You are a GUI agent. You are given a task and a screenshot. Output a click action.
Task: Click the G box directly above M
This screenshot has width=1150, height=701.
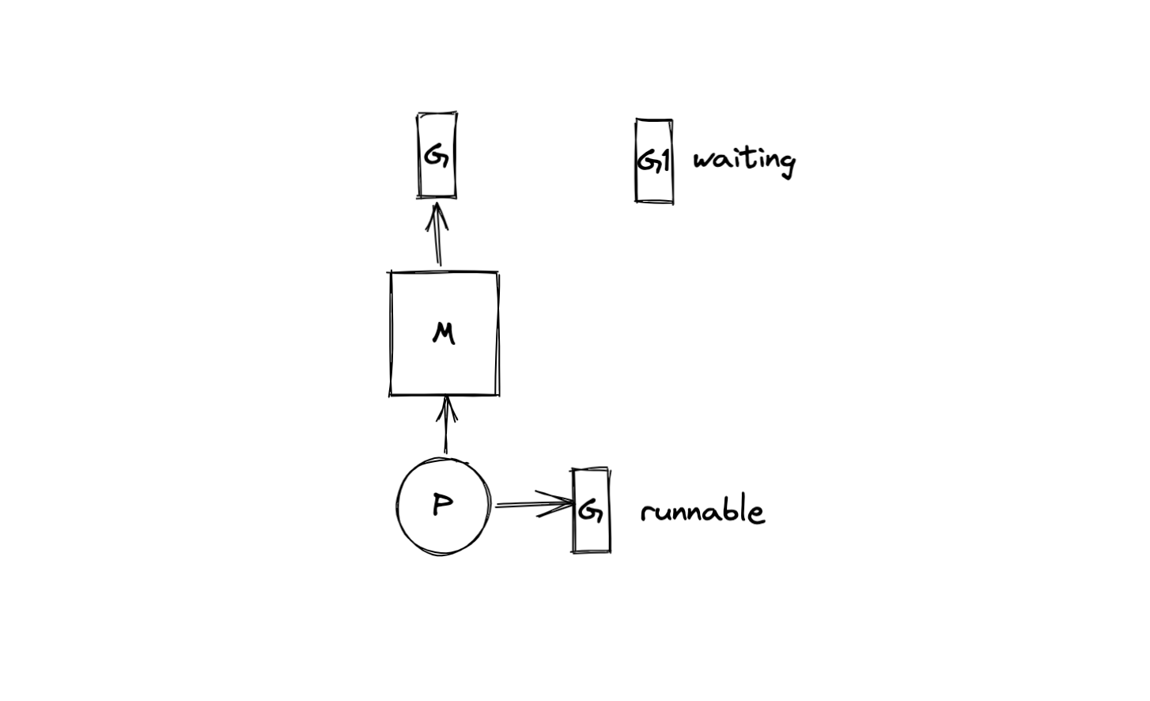[437, 155]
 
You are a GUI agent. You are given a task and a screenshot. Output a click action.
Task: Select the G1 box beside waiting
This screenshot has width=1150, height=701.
[654, 161]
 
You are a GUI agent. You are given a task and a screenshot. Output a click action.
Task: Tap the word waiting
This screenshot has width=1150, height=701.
[743, 161]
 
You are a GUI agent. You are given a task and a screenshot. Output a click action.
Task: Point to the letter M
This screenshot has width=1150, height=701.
[444, 334]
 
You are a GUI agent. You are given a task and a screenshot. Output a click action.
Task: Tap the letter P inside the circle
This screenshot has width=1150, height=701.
[443, 505]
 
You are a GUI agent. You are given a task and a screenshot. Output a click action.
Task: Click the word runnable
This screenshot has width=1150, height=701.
[702, 512]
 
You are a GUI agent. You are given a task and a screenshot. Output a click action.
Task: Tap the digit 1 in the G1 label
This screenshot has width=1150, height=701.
[664, 161]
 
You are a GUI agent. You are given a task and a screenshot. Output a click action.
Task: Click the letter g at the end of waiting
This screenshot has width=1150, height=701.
[785, 165]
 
